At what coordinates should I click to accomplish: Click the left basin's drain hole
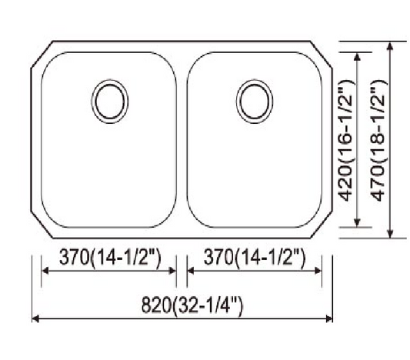111,101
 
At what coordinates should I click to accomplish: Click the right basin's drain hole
255,101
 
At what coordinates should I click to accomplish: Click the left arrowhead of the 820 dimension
35,318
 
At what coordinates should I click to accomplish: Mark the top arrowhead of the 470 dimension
392,45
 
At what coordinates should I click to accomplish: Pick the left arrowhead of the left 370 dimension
45,271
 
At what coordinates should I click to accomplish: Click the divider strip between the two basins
182,138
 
